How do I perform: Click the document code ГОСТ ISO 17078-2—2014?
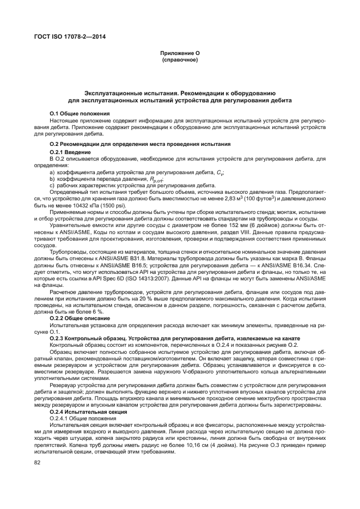(69, 36)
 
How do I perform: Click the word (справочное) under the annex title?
(180, 59)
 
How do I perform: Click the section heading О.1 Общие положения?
(80, 113)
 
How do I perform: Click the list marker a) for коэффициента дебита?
(52, 172)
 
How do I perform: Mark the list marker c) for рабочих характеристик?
(52, 186)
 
